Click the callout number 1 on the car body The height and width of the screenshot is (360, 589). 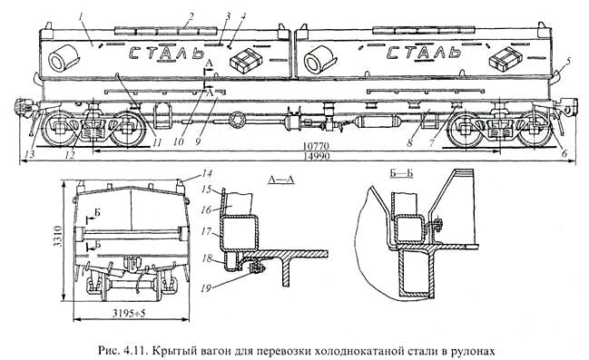coord(81,17)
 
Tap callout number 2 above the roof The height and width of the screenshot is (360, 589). coord(191,16)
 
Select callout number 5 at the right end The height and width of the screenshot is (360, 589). coord(568,61)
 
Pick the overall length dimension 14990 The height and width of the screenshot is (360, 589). coord(317,156)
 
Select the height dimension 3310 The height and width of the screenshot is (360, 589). coord(58,236)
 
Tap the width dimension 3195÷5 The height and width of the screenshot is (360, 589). coord(129,313)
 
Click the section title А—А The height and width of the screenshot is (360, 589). coord(281,180)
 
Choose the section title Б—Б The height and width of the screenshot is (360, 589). coord(399,173)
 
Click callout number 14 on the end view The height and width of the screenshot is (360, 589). coord(207,173)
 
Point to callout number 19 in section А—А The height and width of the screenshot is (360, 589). coord(206,288)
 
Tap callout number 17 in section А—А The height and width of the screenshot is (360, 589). coord(207,231)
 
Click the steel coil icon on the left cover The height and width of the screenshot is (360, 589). coord(64,58)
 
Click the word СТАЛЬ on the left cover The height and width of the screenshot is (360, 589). coord(166,53)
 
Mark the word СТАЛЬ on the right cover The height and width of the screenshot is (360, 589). coord(424,53)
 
